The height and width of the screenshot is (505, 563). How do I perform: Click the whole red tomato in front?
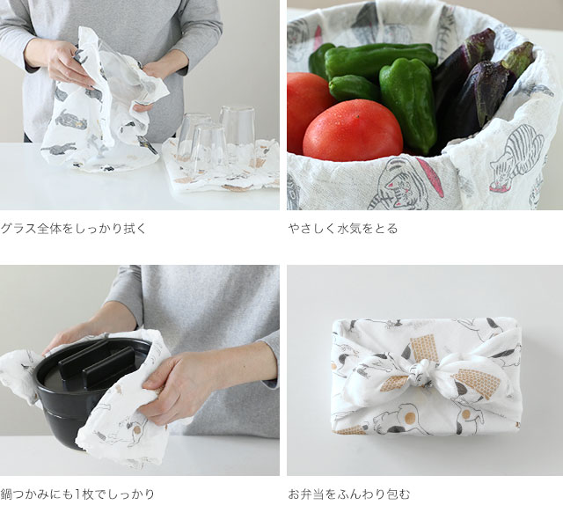[353, 131]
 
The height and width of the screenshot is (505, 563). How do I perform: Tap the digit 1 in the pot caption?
[77, 494]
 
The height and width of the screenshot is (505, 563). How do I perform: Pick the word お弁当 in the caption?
[306, 494]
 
